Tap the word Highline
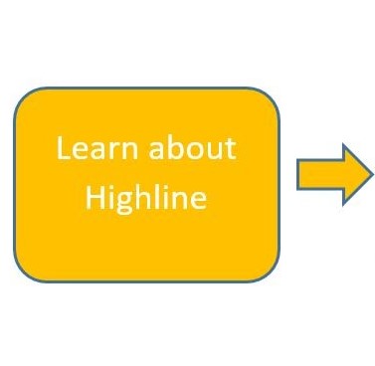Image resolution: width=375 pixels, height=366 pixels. tap(146, 199)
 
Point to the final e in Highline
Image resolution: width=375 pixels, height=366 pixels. tap(200, 201)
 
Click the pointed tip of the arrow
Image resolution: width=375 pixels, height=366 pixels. tap(370, 174)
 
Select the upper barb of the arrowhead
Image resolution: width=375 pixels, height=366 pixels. tap(345, 149)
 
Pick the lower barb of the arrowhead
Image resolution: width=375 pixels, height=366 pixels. tap(345, 200)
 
